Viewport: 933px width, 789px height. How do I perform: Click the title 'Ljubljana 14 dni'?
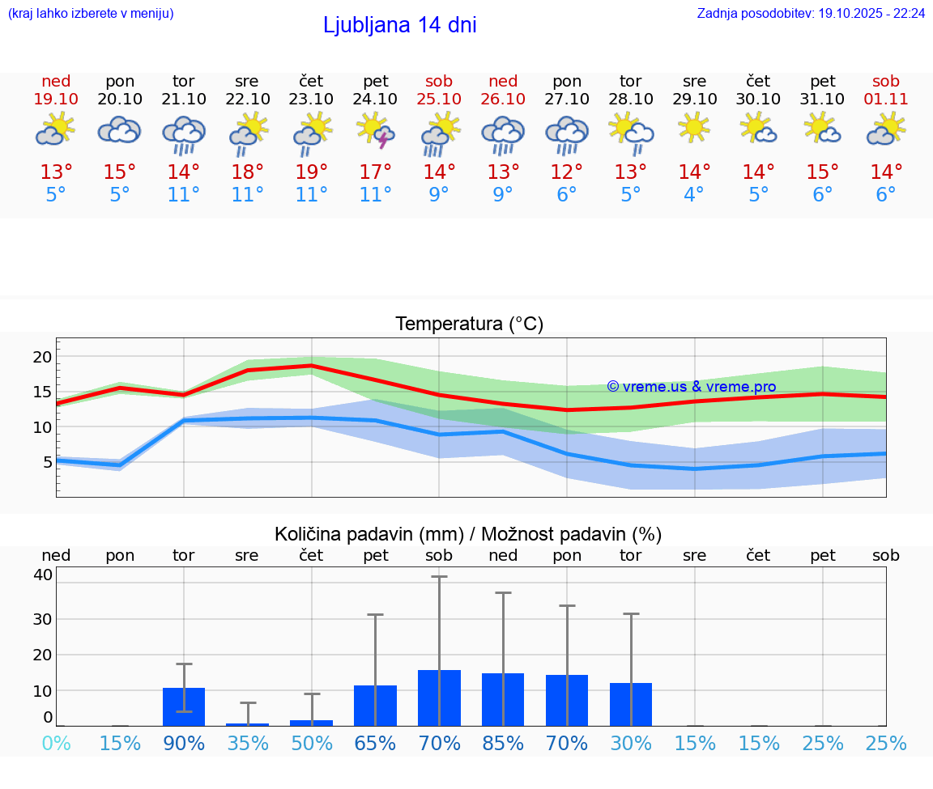[x=399, y=25]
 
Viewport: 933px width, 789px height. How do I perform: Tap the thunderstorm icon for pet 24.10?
[x=376, y=131]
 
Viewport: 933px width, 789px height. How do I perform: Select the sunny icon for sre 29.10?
[x=694, y=129]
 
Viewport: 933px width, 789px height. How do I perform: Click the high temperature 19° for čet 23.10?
[x=312, y=172]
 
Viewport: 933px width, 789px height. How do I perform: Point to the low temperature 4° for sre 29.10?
[x=694, y=195]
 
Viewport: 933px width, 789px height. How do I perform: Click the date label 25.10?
[x=439, y=99]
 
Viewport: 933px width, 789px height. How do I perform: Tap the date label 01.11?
[x=886, y=99]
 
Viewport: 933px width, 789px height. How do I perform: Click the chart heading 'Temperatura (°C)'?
[x=469, y=325]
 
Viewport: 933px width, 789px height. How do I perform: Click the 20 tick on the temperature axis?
[x=42, y=357]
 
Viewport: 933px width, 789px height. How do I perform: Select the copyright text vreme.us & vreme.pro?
[x=692, y=387]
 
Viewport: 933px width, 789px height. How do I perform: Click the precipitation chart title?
[x=468, y=534]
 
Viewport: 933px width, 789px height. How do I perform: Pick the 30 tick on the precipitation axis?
[x=42, y=619]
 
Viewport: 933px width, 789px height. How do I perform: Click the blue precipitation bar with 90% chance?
[x=184, y=706]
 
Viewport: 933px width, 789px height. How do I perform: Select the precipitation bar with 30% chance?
[x=631, y=704]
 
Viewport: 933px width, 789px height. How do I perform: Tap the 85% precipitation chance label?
[x=503, y=743]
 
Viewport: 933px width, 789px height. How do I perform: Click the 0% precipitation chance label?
[x=56, y=743]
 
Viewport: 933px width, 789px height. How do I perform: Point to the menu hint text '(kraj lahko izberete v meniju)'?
[x=90, y=13]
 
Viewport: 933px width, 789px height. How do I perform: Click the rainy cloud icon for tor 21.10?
[x=184, y=134]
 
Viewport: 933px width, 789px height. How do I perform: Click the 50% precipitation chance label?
[x=312, y=743]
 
